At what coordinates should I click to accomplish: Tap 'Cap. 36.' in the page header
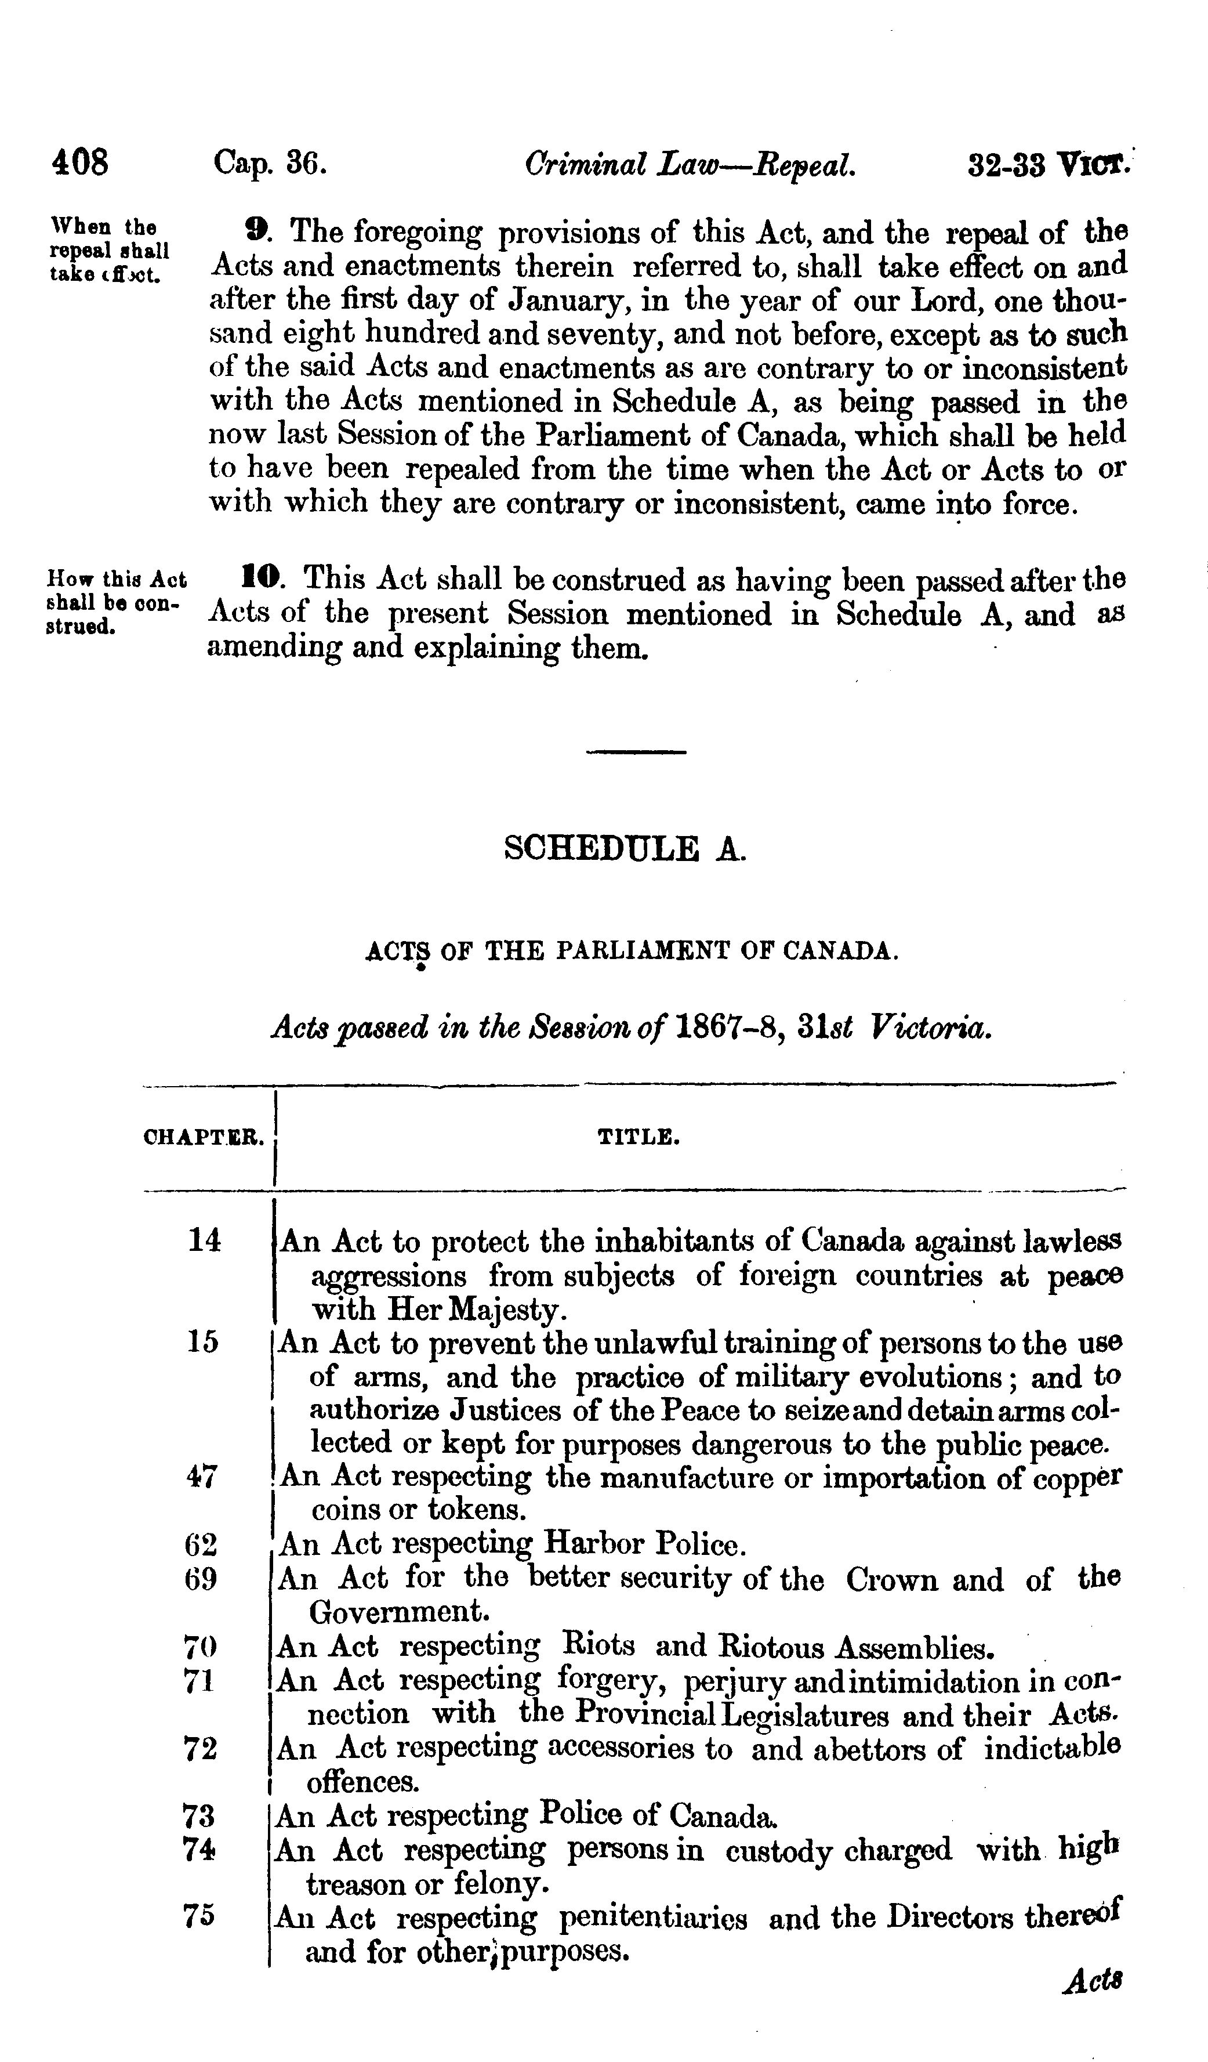[270, 163]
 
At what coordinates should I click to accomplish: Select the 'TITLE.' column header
[638, 1137]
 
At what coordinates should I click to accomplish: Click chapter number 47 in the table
[202, 1477]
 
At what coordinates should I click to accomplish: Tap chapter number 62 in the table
[201, 1545]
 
